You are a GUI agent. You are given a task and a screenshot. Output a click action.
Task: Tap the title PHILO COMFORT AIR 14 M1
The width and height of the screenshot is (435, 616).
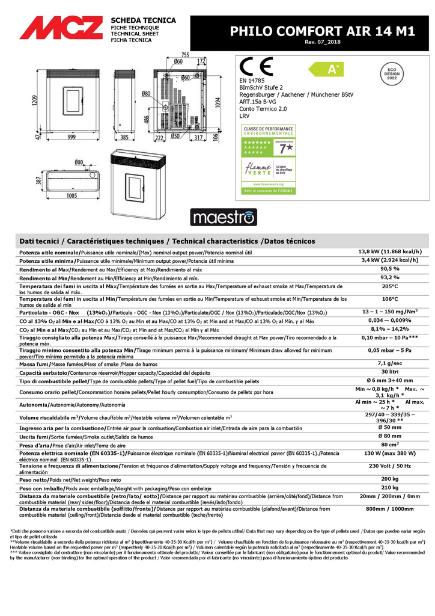coord(323,31)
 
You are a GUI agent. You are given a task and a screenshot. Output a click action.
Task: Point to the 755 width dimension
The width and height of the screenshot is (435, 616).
coord(184,55)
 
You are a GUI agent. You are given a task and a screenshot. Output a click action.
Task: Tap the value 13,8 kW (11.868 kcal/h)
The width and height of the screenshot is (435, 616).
coord(390,251)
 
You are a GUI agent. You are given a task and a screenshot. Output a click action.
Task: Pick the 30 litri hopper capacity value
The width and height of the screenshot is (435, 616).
coord(390,372)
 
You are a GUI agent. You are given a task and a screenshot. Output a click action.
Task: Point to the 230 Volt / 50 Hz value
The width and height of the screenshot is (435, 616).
coord(390,466)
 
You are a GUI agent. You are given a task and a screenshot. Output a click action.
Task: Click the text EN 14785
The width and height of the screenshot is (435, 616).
coord(252,80)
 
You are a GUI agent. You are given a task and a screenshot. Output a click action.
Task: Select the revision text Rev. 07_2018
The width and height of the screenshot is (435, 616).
coord(323,42)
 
